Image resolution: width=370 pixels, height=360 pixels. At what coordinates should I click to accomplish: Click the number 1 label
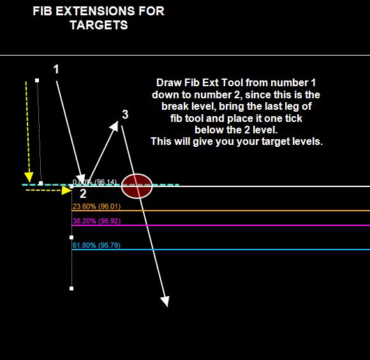[x=56, y=69]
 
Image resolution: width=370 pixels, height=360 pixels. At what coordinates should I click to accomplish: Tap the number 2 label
[x=83, y=193]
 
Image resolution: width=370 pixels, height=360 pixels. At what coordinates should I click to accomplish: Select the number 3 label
[x=125, y=114]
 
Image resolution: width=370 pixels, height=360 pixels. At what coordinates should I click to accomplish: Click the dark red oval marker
[x=137, y=186]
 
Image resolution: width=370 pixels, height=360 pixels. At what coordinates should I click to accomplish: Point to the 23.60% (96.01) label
[x=96, y=206]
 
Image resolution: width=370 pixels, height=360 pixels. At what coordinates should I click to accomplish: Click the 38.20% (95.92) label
[x=96, y=221]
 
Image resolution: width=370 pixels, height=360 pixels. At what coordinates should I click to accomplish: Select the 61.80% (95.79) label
[x=96, y=245]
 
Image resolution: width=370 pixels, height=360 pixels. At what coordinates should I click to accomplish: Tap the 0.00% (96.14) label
[x=94, y=182]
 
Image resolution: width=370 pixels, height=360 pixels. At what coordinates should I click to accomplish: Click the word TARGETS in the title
[x=99, y=25]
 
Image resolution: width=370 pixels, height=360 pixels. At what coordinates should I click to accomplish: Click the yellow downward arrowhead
[x=29, y=177]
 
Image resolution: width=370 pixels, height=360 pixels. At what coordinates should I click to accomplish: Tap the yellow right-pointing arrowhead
[x=66, y=190]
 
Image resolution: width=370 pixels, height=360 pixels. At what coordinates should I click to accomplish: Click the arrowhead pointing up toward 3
[x=114, y=126]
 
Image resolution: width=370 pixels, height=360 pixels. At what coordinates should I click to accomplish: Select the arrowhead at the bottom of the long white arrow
[x=165, y=301]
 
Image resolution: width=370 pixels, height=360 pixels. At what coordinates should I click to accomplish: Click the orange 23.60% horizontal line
[x=221, y=211]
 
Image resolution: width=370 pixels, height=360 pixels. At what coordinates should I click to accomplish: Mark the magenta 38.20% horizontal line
[x=221, y=225]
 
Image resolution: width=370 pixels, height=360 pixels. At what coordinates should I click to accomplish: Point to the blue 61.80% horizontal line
[x=221, y=250]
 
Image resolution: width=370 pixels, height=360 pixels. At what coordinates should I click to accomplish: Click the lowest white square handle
[x=71, y=289]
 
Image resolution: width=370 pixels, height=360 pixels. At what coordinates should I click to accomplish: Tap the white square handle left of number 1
[x=37, y=80]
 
